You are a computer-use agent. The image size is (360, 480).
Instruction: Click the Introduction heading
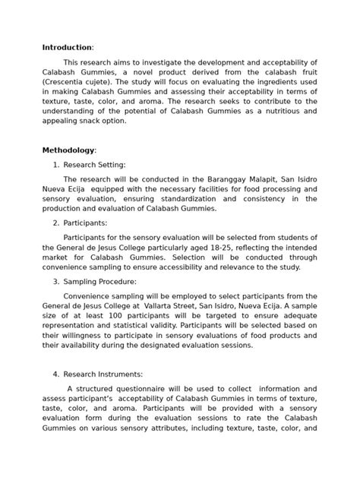[67, 47]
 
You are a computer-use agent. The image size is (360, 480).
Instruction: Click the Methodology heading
[68, 150]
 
